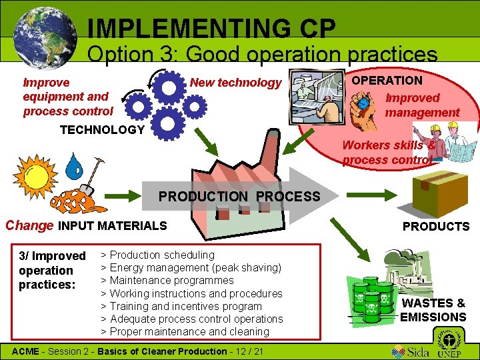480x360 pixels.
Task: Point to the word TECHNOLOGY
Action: [102, 130]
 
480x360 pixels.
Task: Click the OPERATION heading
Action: [387, 81]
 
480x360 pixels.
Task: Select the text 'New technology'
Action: [236, 83]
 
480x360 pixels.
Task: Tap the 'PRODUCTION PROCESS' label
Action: [239, 197]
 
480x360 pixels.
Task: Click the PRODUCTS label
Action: [436, 227]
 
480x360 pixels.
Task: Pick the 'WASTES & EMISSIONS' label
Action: [433, 311]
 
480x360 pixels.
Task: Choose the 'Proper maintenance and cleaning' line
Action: [189, 331]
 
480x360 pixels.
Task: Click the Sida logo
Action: [410, 350]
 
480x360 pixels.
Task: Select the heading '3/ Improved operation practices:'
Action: [53, 270]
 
